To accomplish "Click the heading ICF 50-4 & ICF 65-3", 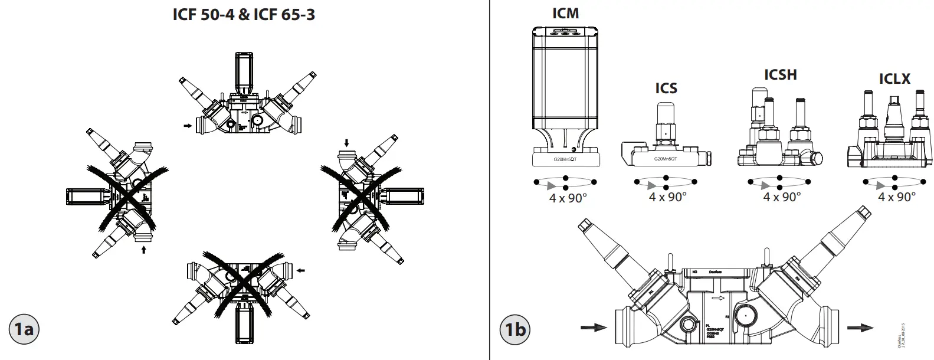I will click(x=243, y=15).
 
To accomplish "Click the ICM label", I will click(x=565, y=14).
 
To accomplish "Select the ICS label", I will click(x=666, y=89).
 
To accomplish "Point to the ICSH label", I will click(x=780, y=75).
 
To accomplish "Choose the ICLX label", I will click(x=894, y=78).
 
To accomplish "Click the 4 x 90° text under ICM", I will click(x=568, y=198).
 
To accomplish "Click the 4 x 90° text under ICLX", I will click(x=896, y=197).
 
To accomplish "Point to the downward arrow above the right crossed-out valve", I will click(x=347, y=143).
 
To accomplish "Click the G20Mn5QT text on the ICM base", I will click(x=565, y=160).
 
